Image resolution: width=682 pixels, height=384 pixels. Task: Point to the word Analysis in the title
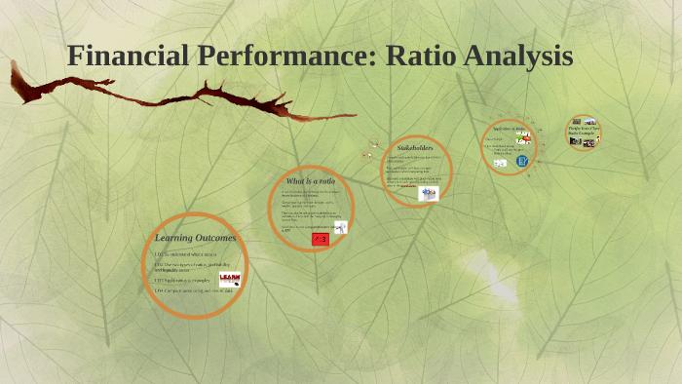tap(517, 57)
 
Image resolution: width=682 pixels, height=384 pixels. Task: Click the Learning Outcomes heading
tap(195, 237)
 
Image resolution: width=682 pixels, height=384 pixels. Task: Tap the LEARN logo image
tap(230, 279)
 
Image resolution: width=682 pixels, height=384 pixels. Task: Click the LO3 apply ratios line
tap(182, 281)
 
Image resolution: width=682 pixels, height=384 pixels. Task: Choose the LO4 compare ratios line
tap(192, 290)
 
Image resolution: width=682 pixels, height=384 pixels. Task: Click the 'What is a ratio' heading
tap(310, 181)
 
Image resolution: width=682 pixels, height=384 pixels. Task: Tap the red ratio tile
tap(320, 238)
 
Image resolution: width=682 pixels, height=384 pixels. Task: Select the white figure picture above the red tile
tap(340, 226)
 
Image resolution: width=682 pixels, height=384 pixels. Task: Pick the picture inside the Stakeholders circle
tap(429, 193)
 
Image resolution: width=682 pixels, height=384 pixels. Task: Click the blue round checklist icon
tap(522, 160)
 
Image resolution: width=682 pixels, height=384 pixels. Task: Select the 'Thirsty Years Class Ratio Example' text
tap(584, 128)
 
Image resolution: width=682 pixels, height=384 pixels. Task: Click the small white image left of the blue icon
tap(500, 163)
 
